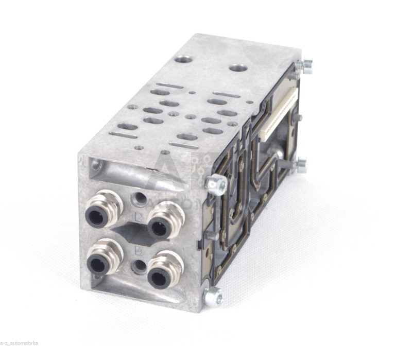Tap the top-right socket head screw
tap(306, 65)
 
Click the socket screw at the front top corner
tap(217, 184)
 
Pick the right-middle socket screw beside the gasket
tap(300, 165)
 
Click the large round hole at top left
tap(183, 59)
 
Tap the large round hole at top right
tap(237, 68)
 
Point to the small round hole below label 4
tap(138, 267)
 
